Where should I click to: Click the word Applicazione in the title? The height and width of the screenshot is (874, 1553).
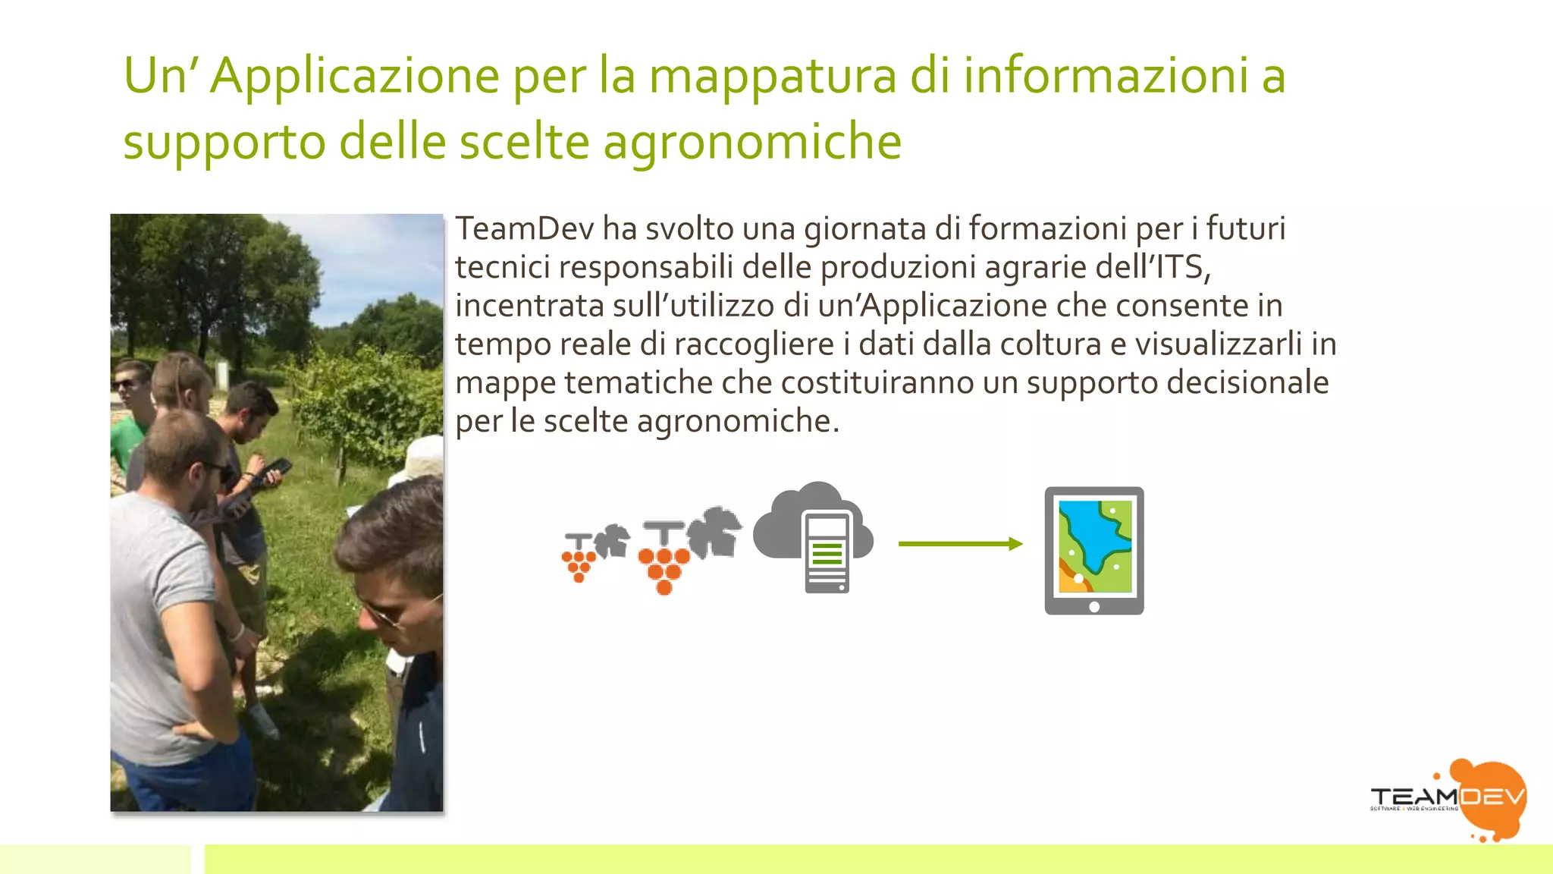click(354, 77)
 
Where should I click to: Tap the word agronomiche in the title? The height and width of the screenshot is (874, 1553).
click(752, 143)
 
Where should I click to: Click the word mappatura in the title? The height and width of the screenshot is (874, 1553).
click(773, 77)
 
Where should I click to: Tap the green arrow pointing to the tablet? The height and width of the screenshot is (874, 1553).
click(960, 543)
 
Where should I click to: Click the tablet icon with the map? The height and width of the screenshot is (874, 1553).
click(1094, 550)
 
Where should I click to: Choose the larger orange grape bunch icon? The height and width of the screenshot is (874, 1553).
click(664, 565)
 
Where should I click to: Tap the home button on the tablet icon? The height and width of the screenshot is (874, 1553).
click(1094, 606)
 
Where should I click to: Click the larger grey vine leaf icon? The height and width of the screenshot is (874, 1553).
click(716, 532)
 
